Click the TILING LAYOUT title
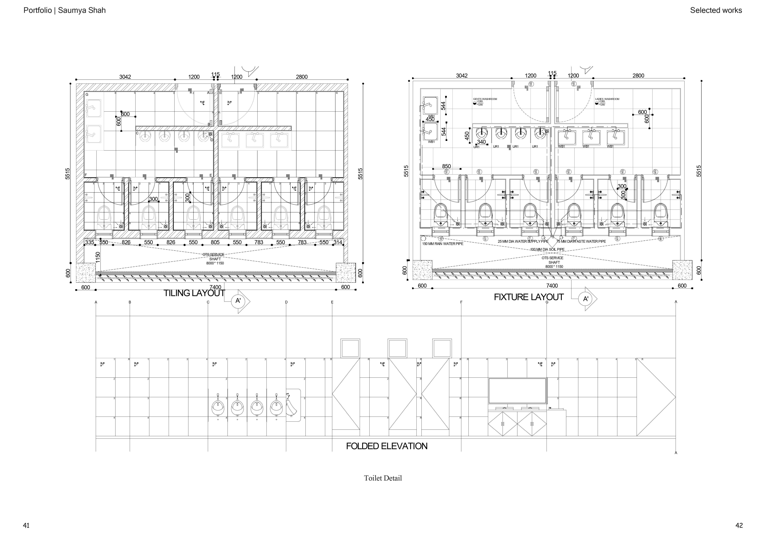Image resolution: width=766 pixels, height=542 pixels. coord(194,293)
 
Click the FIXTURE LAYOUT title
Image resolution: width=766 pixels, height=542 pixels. coord(528,297)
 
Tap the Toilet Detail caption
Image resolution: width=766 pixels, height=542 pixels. coord(383,478)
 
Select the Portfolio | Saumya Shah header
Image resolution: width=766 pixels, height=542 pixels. coord(64,10)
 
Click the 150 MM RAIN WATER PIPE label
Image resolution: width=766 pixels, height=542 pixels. coord(443,244)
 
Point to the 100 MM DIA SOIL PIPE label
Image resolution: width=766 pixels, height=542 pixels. coord(547,249)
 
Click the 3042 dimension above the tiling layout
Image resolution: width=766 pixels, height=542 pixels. coord(125,77)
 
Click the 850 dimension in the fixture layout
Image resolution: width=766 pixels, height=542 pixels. coord(446,166)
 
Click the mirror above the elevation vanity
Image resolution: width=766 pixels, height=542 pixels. coord(518,391)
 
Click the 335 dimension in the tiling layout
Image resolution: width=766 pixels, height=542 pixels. coord(89,242)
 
